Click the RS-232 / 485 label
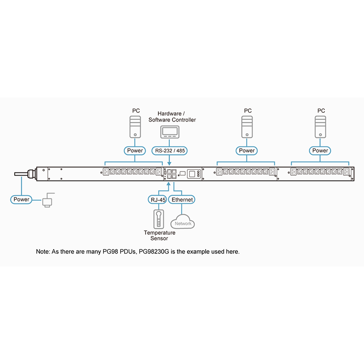(170, 151)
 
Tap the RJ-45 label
(157, 199)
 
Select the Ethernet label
(182, 199)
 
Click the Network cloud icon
(182, 222)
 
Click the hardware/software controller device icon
(170, 132)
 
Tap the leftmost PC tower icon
(135, 126)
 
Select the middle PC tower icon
(247, 126)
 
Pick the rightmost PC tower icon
(321, 126)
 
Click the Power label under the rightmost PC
(320, 151)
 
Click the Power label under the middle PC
(247, 151)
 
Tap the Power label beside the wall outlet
(21, 199)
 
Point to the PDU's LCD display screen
(192, 173)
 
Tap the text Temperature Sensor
(156, 235)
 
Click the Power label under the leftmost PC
(134, 151)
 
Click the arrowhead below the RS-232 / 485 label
(170, 163)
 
